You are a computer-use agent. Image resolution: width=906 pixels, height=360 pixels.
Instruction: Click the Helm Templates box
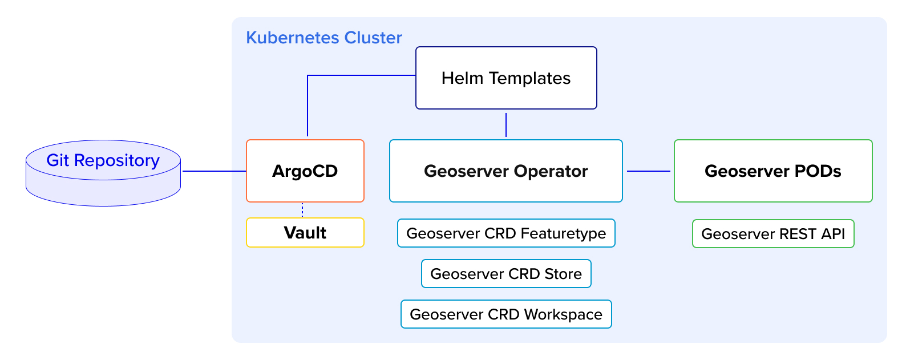[506, 78]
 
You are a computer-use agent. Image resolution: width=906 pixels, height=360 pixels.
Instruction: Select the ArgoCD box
[305, 171]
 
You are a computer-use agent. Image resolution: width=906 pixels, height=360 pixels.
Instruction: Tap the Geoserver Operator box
[505, 171]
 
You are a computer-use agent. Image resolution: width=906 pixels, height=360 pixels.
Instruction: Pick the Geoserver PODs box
[773, 171]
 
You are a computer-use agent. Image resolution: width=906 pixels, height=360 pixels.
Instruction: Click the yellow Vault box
[305, 233]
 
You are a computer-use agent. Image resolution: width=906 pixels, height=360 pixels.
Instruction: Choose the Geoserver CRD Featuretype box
[506, 233]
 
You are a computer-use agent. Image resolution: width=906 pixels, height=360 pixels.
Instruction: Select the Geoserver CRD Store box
[506, 273]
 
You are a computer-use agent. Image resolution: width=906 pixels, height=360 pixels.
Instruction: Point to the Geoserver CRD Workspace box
[506, 314]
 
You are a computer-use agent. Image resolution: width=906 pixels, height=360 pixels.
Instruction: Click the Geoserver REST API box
[773, 233]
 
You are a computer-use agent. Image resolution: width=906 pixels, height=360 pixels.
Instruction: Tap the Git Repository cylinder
[103, 173]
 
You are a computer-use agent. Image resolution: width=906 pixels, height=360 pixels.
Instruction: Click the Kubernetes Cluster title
[324, 38]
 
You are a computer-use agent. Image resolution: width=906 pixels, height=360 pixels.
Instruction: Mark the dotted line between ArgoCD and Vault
[302, 210]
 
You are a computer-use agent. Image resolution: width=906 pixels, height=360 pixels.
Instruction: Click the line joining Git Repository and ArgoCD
[215, 171]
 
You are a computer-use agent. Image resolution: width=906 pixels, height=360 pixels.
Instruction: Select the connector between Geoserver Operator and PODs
[648, 171]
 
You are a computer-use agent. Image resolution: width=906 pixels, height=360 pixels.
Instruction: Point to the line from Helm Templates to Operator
[506, 125]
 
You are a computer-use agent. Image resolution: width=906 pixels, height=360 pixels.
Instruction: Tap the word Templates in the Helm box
[529, 78]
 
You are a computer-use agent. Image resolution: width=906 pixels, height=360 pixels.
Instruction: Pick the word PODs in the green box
[818, 171]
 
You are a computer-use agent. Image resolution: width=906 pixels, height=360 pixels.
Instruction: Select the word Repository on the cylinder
[117, 160]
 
